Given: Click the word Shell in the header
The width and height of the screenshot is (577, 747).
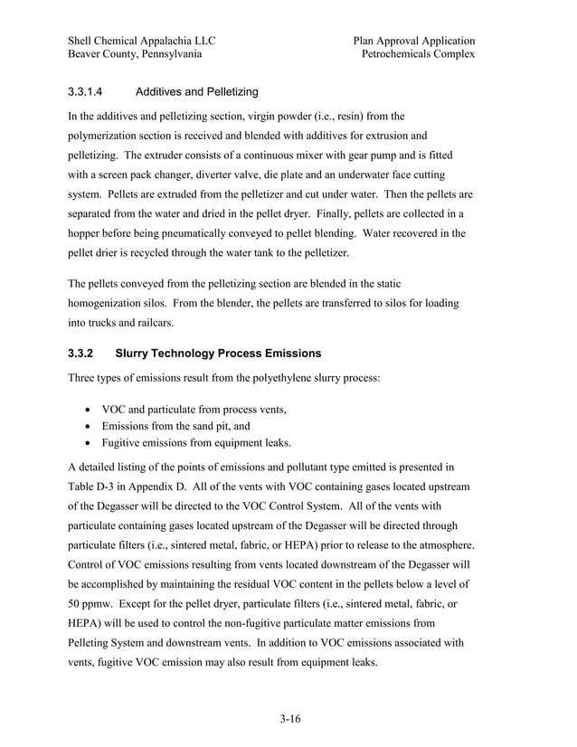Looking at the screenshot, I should point(83,41).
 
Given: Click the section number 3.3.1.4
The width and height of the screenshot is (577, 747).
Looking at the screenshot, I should point(88,92).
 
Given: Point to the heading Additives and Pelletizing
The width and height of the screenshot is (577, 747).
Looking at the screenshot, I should point(196,92).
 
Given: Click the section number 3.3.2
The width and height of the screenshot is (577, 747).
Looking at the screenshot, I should point(82,353).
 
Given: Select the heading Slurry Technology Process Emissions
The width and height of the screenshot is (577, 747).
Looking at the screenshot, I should point(218,353).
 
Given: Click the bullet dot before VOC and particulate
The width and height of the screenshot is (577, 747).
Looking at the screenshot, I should point(89,410).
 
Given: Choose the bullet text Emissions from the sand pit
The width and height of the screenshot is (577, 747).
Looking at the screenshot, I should point(176,426).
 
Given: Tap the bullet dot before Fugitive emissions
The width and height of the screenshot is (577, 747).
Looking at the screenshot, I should point(89,443).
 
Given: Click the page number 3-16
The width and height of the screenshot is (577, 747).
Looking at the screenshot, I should point(289,720).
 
